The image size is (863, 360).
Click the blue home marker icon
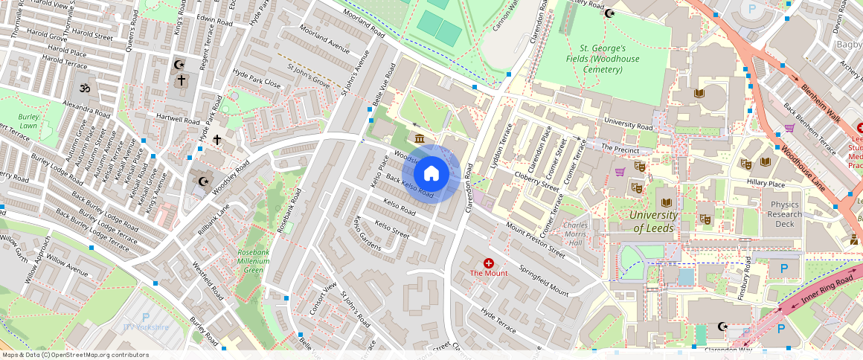[x=430, y=174]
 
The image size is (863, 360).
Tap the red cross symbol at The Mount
[x=489, y=263]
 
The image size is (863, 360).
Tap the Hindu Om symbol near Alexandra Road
[x=84, y=88]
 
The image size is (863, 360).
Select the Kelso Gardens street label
[x=368, y=234]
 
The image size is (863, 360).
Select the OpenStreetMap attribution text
[x=74, y=355]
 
